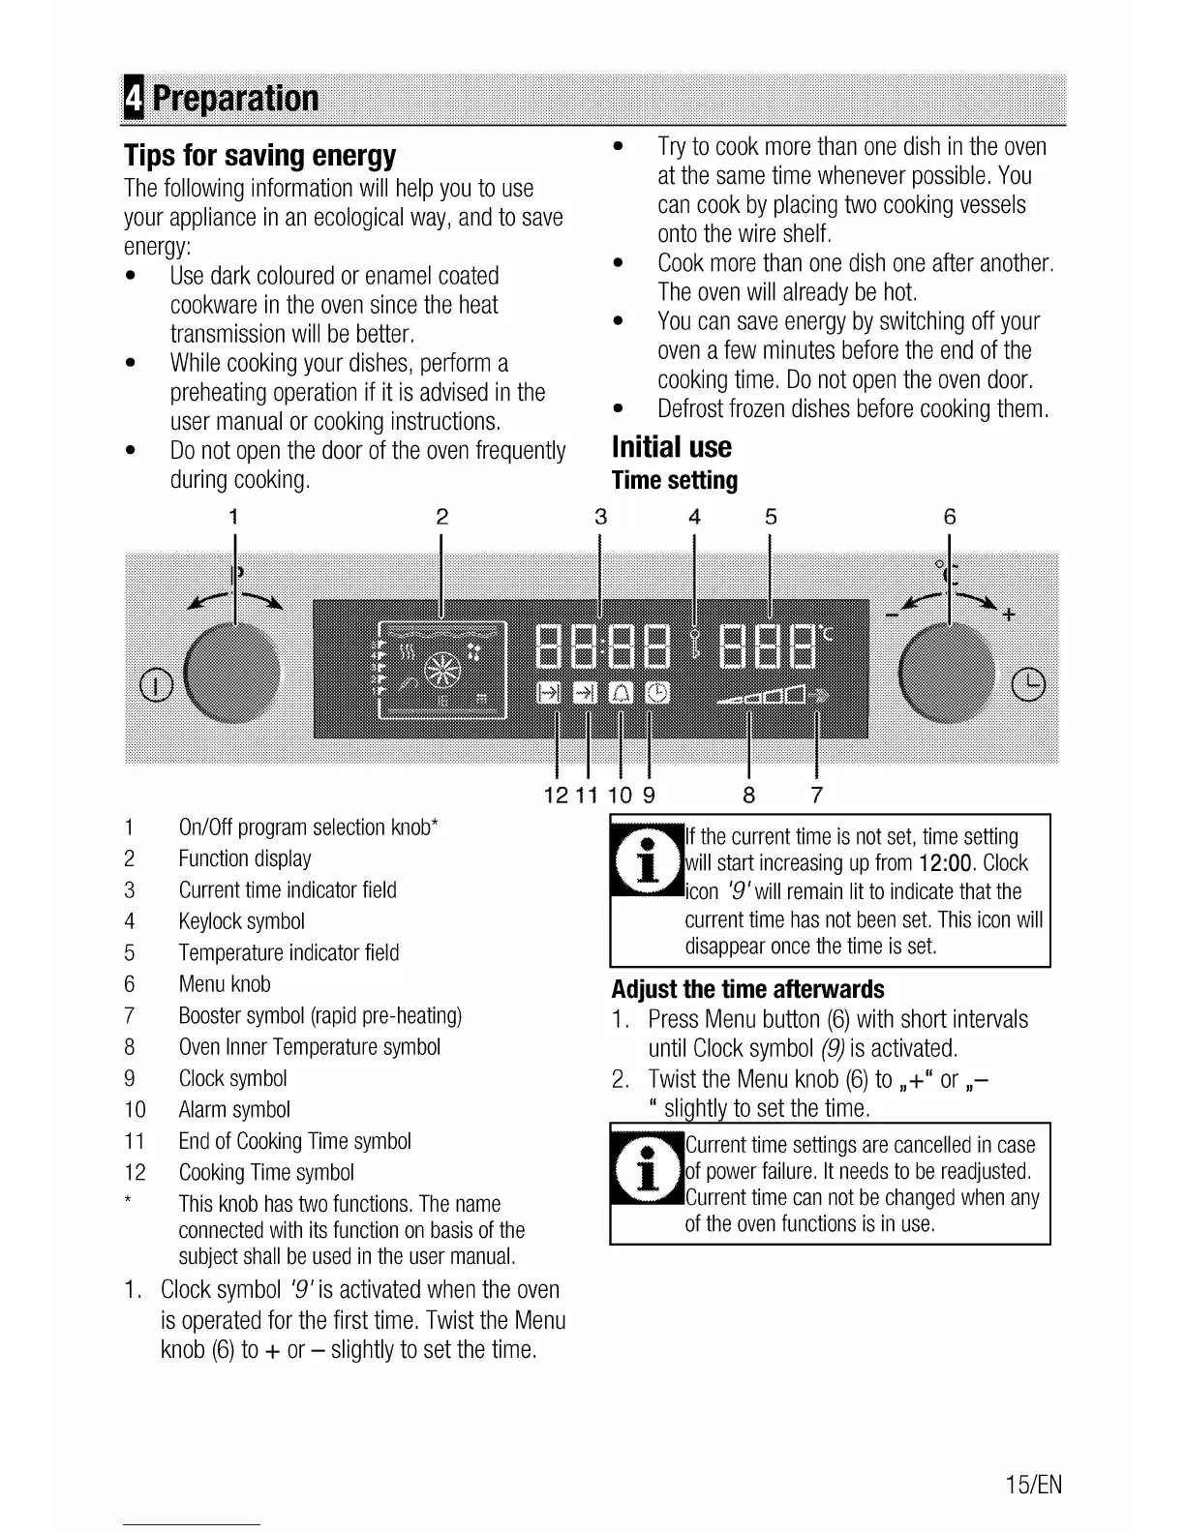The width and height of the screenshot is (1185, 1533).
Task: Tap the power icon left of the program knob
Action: pos(157,686)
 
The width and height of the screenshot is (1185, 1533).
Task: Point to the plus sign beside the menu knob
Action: pos(1009,614)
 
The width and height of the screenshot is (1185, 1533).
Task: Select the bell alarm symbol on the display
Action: pos(620,693)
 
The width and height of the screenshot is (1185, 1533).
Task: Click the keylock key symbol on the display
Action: pos(694,642)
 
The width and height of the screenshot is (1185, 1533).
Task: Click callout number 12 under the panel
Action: pos(556,796)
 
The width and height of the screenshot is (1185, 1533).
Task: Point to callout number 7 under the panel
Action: pos(817,796)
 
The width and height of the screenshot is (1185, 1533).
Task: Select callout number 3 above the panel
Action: pos(601,517)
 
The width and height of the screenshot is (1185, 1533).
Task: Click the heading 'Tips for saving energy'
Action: pos(260,156)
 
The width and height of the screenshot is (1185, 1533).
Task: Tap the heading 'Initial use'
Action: pos(672,447)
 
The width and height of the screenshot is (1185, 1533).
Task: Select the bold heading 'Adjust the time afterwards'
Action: pos(747,990)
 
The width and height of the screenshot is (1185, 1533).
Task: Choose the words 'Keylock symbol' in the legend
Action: pos(242,921)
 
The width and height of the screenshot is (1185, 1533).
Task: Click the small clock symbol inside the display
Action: pos(656,693)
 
